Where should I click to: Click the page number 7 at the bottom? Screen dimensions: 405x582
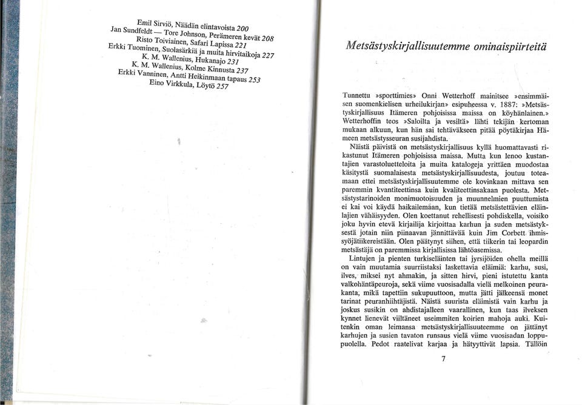[443, 358]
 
